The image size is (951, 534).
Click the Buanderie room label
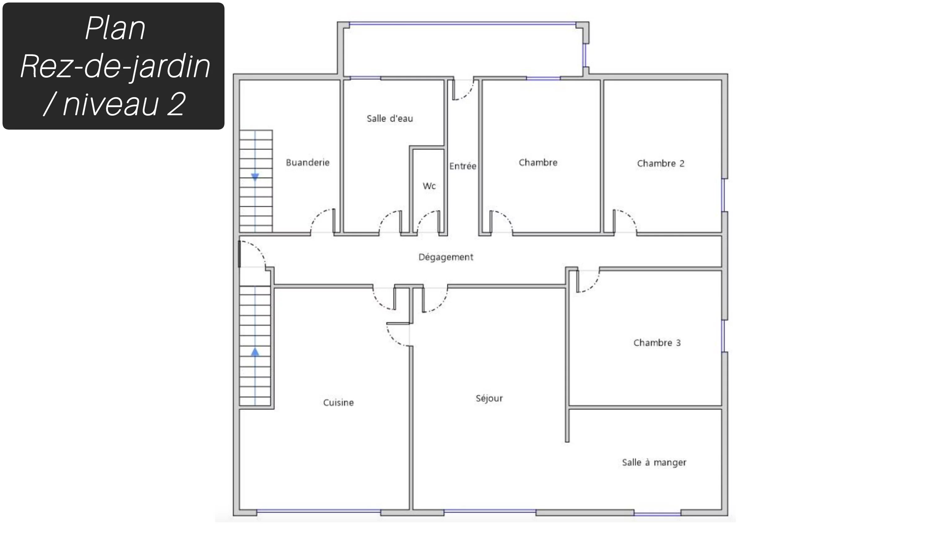(x=307, y=163)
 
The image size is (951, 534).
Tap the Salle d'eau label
(x=390, y=118)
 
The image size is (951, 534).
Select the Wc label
(x=429, y=186)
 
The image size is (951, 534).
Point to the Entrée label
(x=462, y=166)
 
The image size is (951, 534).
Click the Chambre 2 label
(x=661, y=163)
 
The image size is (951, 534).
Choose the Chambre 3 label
(x=657, y=343)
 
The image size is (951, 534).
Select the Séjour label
(x=489, y=398)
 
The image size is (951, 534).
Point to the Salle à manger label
(x=654, y=463)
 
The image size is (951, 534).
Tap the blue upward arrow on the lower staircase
(x=255, y=352)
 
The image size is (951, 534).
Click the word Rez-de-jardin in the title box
(x=115, y=66)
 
